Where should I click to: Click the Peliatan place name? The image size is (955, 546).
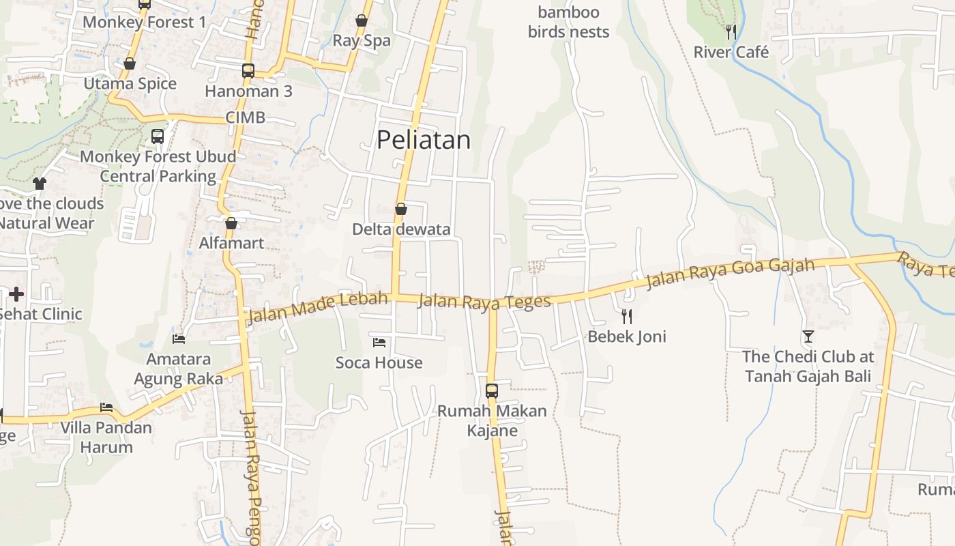pyautogui.click(x=424, y=140)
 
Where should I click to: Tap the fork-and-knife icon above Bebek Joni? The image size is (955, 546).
pyautogui.click(x=627, y=316)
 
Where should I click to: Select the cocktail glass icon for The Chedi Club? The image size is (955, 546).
pyautogui.click(x=808, y=336)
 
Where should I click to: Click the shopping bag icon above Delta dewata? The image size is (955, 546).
pyautogui.click(x=401, y=209)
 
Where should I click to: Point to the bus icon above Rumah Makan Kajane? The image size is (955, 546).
pyautogui.click(x=492, y=391)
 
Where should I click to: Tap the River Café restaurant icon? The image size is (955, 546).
pyautogui.click(x=731, y=31)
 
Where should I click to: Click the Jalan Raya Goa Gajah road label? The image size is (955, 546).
pyautogui.click(x=730, y=273)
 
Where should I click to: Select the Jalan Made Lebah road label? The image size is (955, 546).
pyautogui.click(x=318, y=308)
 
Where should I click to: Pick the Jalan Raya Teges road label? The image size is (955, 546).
pyautogui.click(x=484, y=301)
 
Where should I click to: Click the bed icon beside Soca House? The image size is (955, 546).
pyautogui.click(x=379, y=342)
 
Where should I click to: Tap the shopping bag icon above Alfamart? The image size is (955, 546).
pyautogui.click(x=231, y=223)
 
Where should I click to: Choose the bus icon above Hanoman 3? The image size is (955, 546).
pyautogui.click(x=248, y=70)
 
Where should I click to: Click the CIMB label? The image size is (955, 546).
pyautogui.click(x=245, y=117)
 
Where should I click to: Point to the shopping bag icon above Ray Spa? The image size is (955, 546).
pyautogui.click(x=362, y=20)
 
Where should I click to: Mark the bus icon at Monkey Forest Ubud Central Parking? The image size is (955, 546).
pyautogui.click(x=158, y=136)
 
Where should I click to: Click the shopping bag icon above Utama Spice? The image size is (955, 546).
pyautogui.click(x=130, y=64)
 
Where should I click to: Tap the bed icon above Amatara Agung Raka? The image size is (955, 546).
pyautogui.click(x=179, y=339)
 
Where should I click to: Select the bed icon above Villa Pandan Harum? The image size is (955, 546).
pyautogui.click(x=106, y=407)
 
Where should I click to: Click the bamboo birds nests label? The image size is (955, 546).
pyautogui.click(x=568, y=22)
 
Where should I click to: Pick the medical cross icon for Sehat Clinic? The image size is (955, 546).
pyautogui.click(x=16, y=294)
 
